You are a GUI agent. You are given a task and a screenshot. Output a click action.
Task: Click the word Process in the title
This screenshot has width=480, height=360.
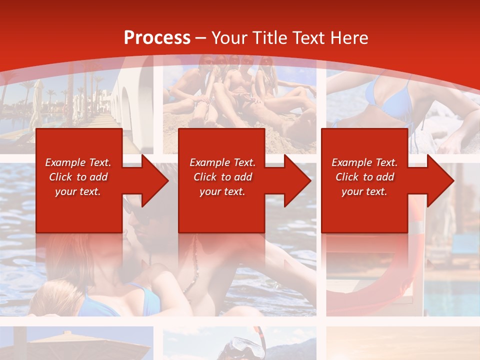pyautogui.click(x=157, y=37)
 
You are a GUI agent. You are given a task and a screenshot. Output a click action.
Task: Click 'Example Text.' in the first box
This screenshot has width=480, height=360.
pyautogui.click(x=78, y=162)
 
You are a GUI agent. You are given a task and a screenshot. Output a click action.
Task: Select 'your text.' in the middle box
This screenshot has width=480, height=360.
pyautogui.click(x=222, y=191)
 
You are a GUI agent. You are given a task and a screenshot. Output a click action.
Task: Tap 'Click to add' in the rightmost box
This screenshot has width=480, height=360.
pyautogui.click(x=364, y=177)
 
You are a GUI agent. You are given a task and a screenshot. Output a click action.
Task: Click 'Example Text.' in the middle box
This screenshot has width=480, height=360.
pyautogui.click(x=222, y=162)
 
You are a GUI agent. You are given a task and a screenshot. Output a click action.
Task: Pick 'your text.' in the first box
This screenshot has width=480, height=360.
pyautogui.click(x=78, y=191)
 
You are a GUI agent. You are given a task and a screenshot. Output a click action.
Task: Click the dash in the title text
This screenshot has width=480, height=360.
pyautogui.click(x=200, y=38)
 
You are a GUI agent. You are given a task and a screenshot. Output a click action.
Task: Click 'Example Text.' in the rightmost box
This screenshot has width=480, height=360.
pyautogui.click(x=364, y=162)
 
